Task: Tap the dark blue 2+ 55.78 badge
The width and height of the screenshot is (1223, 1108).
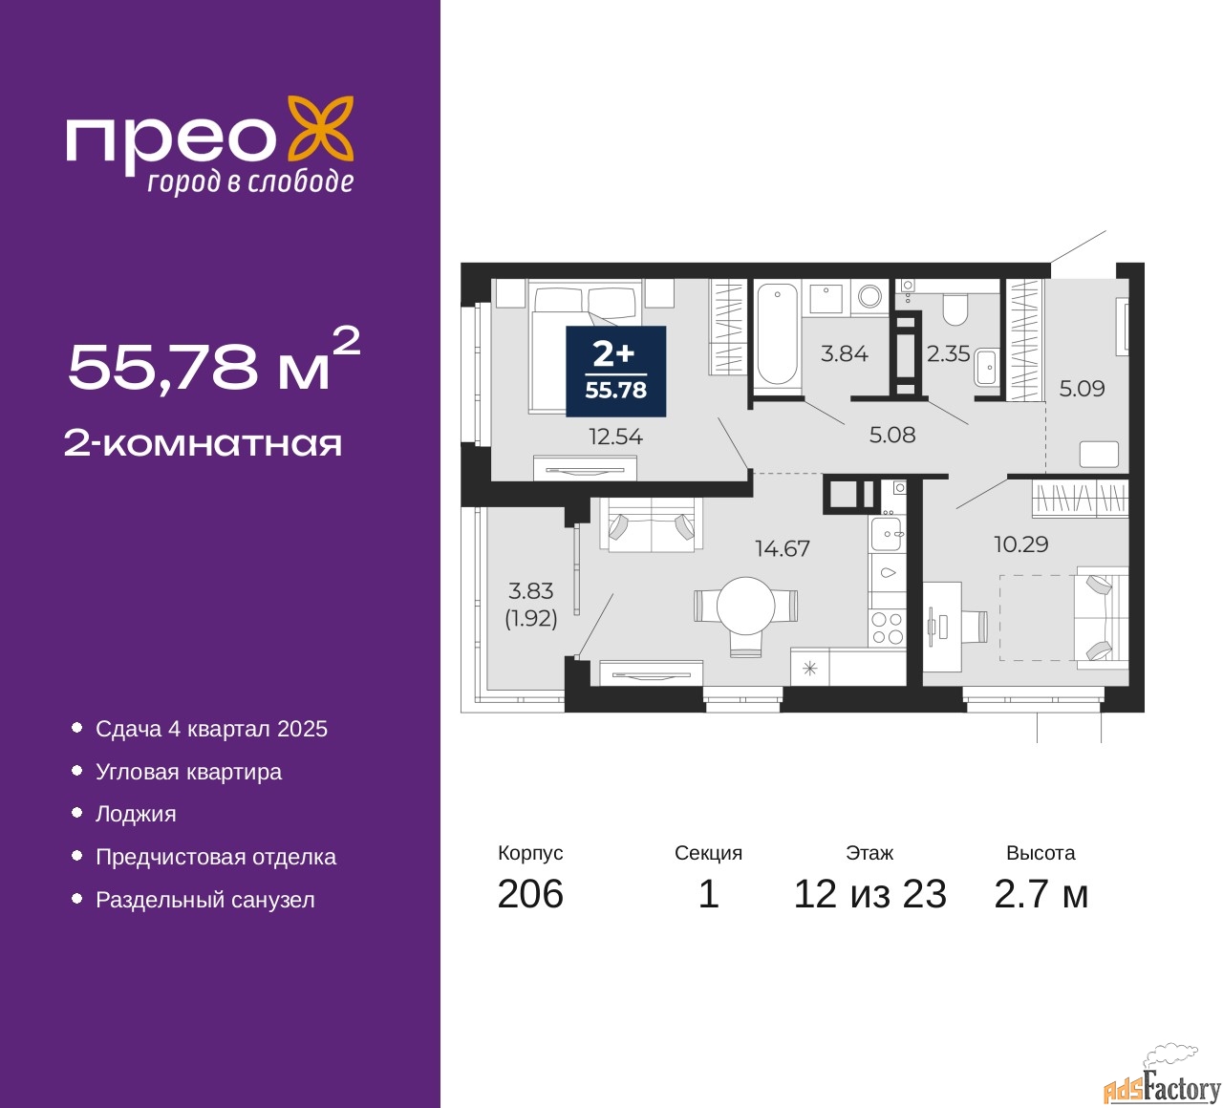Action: (x=615, y=372)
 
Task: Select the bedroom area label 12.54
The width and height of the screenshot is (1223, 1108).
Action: (x=615, y=437)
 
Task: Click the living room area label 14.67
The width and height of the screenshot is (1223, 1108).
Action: (x=782, y=549)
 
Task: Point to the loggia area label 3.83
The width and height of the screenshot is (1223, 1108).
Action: (x=530, y=591)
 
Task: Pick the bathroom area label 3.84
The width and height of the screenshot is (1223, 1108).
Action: (x=845, y=354)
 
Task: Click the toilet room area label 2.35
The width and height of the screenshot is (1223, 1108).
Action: (x=948, y=354)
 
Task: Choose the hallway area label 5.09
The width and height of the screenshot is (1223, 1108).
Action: (x=1082, y=389)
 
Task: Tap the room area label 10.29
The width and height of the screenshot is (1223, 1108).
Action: (x=1020, y=544)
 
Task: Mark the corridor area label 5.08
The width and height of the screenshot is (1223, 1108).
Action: (x=891, y=436)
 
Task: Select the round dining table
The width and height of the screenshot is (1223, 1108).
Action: (x=745, y=606)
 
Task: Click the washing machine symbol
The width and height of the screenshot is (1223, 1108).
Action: (x=869, y=296)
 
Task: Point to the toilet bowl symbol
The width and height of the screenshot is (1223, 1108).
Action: (x=955, y=308)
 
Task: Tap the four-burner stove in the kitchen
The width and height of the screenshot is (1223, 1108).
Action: (x=887, y=629)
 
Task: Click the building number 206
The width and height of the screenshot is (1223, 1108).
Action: (x=530, y=894)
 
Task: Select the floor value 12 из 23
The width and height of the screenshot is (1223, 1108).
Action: (x=869, y=894)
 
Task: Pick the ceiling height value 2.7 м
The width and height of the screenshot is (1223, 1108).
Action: (x=1041, y=894)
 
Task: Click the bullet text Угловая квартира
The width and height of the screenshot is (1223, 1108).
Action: (x=188, y=772)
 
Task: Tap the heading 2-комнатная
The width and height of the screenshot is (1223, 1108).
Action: (x=203, y=443)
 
